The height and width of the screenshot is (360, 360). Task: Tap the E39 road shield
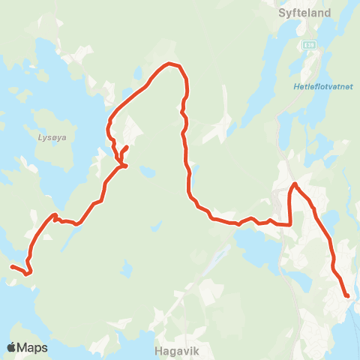click(309, 46)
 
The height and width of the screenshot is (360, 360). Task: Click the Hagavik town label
click(175, 348)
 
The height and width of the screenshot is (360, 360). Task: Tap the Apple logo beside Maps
click(12, 347)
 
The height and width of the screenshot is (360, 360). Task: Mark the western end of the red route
click(11, 266)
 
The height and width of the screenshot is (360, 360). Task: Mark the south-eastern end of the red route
click(347, 296)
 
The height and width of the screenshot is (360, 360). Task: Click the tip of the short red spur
click(127, 146)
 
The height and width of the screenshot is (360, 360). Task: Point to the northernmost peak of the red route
click(169, 64)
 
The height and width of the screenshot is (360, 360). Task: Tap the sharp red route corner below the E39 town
click(289, 223)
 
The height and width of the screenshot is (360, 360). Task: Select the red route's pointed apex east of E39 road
click(295, 184)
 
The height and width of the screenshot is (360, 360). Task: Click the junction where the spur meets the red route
click(121, 165)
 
